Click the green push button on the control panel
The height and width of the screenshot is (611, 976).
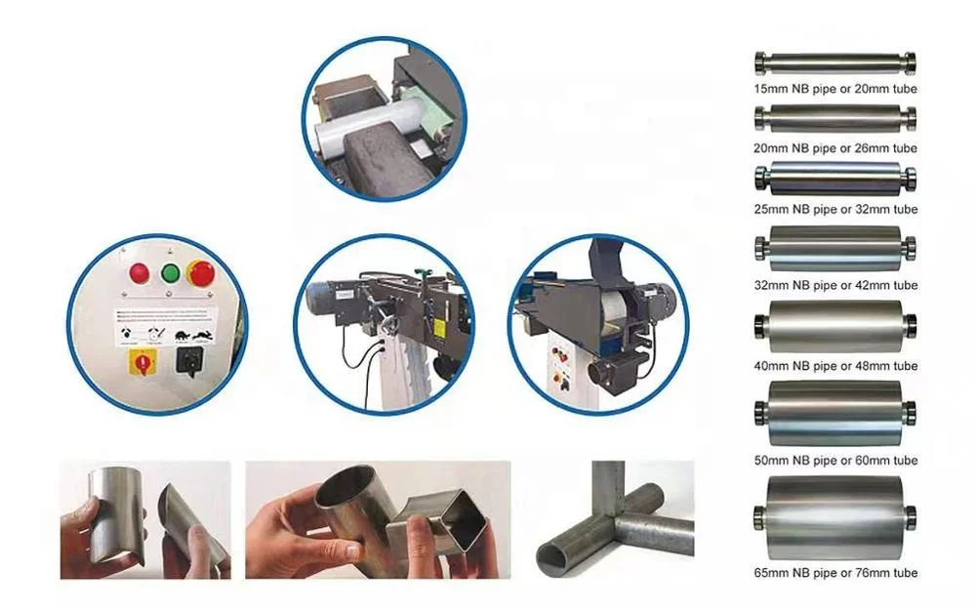[170, 272]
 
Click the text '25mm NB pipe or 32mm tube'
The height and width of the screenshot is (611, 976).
[835, 209]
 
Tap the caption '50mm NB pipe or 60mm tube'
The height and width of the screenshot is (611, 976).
[835, 461]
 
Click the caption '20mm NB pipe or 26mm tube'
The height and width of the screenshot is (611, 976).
[835, 148]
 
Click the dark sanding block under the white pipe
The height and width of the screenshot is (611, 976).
[366, 166]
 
